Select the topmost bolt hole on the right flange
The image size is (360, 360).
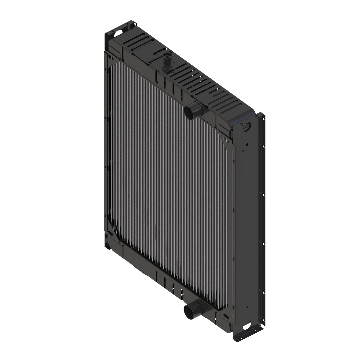(x=264, y=119)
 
